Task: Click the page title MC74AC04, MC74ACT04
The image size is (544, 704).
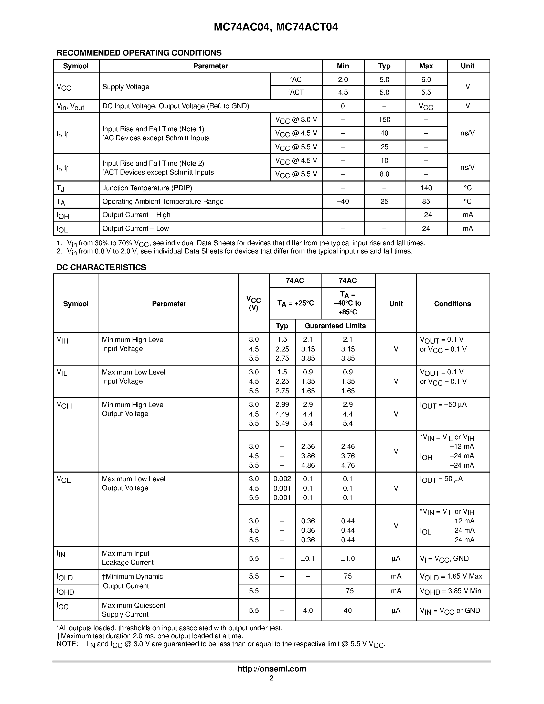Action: click(x=276, y=27)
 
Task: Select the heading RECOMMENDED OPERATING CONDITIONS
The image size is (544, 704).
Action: click(x=139, y=53)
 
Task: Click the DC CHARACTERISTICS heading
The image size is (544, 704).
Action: click(x=101, y=267)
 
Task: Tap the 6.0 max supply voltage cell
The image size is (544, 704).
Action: click(x=426, y=80)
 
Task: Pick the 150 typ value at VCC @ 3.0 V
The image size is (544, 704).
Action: click(x=384, y=120)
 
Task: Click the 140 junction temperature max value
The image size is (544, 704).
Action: click(x=426, y=188)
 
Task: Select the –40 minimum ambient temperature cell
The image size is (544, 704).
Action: click(x=343, y=201)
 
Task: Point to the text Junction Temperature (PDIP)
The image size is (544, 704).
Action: click(x=147, y=188)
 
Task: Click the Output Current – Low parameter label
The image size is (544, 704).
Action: click(x=135, y=229)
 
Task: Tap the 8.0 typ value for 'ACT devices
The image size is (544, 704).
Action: click(x=384, y=174)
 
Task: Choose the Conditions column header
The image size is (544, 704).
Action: click(x=452, y=304)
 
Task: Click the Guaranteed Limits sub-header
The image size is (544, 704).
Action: click(x=335, y=326)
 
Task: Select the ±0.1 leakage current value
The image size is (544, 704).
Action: click(x=307, y=558)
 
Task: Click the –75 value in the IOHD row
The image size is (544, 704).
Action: click(x=347, y=591)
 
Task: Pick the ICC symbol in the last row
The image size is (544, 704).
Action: click(x=62, y=606)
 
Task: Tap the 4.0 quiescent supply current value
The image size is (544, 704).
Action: click(x=307, y=610)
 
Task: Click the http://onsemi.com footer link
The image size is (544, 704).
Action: click(x=272, y=669)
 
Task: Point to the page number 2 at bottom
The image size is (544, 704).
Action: click(x=271, y=678)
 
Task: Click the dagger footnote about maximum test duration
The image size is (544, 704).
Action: click(x=150, y=636)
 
